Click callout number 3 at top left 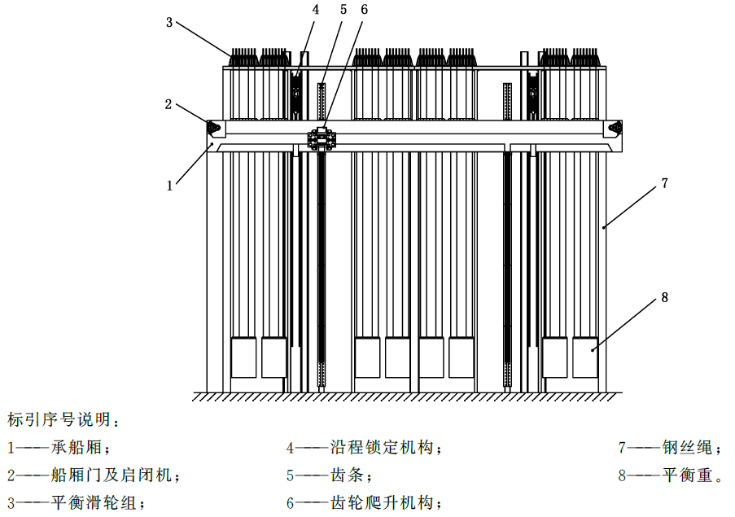(x=169, y=22)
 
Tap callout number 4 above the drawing (x=316, y=10)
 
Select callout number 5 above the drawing (x=343, y=10)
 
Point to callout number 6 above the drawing (x=364, y=10)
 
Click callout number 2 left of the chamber (x=168, y=104)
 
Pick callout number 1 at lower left (x=169, y=186)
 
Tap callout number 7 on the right (x=664, y=183)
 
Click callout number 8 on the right (x=664, y=297)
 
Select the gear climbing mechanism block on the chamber (x=322, y=138)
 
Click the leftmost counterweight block (x=243, y=357)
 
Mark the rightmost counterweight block (x=585, y=357)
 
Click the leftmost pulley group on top (x=243, y=57)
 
